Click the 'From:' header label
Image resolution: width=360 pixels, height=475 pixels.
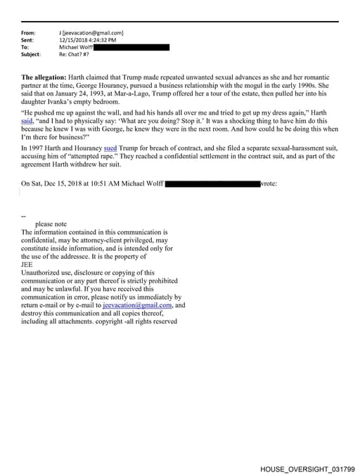pyautogui.click(x=29, y=33)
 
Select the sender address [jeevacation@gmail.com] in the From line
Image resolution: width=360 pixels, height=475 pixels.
pyautogui.click(x=94, y=33)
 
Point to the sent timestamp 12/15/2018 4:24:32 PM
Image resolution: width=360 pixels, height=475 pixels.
pyautogui.click(x=88, y=40)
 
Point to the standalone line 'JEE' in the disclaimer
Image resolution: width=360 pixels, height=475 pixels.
pyautogui.click(x=27, y=264)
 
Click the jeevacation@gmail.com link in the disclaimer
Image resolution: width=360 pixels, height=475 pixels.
pyautogui.click(x=137, y=305)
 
